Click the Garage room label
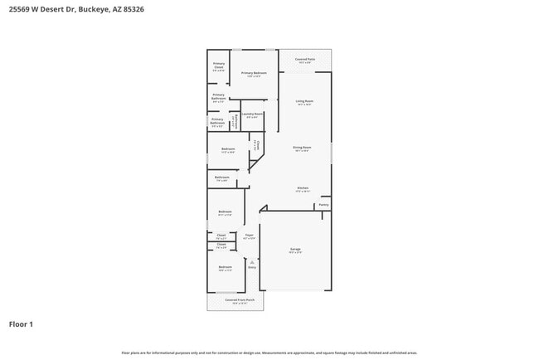[x=295, y=249]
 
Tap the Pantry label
[x=323, y=204]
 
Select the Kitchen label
[x=303, y=188]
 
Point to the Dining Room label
[x=301, y=148]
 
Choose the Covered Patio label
[x=305, y=60]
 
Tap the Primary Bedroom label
[x=254, y=74]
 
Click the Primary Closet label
[x=219, y=65]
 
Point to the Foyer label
[x=249, y=235]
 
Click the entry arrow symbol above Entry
[x=251, y=261]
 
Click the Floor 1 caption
[x=21, y=324]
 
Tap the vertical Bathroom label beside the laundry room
[x=236, y=121]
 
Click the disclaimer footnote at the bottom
[x=269, y=353]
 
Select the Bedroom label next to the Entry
[x=225, y=267]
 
